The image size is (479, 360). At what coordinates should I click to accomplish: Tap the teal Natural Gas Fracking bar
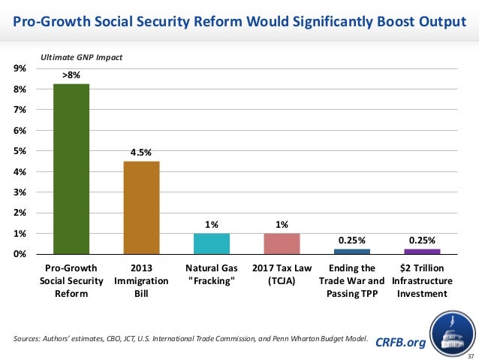coord(212,244)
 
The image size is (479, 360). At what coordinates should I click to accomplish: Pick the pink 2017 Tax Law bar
coord(282,244)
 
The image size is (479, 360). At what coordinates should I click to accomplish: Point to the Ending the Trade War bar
coord(352,251)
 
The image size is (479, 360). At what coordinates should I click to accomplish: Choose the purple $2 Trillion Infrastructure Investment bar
coord(422,251)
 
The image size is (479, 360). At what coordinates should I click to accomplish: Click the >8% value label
coord(71,75)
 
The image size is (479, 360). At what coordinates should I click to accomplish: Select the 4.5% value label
coord(141,153)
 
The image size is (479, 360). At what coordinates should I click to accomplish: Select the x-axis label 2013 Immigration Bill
coord(141,281)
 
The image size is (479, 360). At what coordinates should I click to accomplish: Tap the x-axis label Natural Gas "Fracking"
coord(212,274)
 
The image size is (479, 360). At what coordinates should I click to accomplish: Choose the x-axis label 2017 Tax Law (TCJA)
coord(282,274)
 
